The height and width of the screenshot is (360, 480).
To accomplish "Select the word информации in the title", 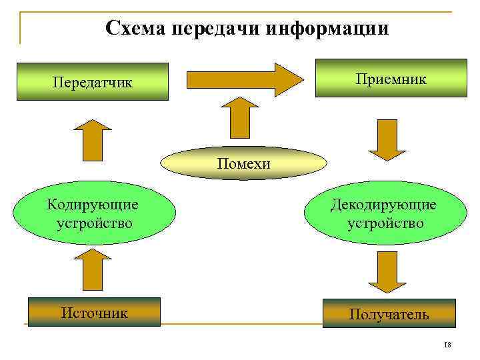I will coord(327,29).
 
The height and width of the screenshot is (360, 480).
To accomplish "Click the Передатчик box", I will coord(93,82).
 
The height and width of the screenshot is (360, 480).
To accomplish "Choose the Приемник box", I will coord(391,79).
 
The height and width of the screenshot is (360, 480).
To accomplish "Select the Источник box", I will coord(94,312).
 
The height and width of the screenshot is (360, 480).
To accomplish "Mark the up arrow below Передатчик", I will coord(93,141).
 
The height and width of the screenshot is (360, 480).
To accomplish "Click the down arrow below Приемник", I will coord(387,140).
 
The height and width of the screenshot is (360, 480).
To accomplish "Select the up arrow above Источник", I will coord(93,271).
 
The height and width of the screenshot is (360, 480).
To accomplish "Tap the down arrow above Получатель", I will coord(387,271).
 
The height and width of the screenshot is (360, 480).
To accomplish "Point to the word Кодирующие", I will coord(93,203).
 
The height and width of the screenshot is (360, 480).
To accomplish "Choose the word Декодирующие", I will coord(384,204).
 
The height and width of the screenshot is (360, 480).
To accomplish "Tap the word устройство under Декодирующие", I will coord(385,222).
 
